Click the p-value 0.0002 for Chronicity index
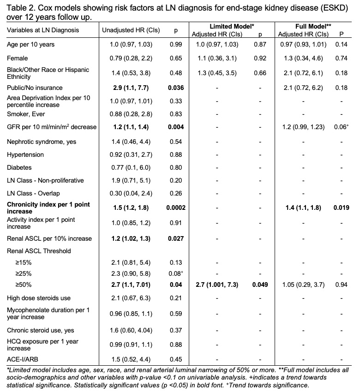(175, 208)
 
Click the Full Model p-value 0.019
(341, 208)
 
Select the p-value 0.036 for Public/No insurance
(175, 88)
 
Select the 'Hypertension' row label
(25, 155)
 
